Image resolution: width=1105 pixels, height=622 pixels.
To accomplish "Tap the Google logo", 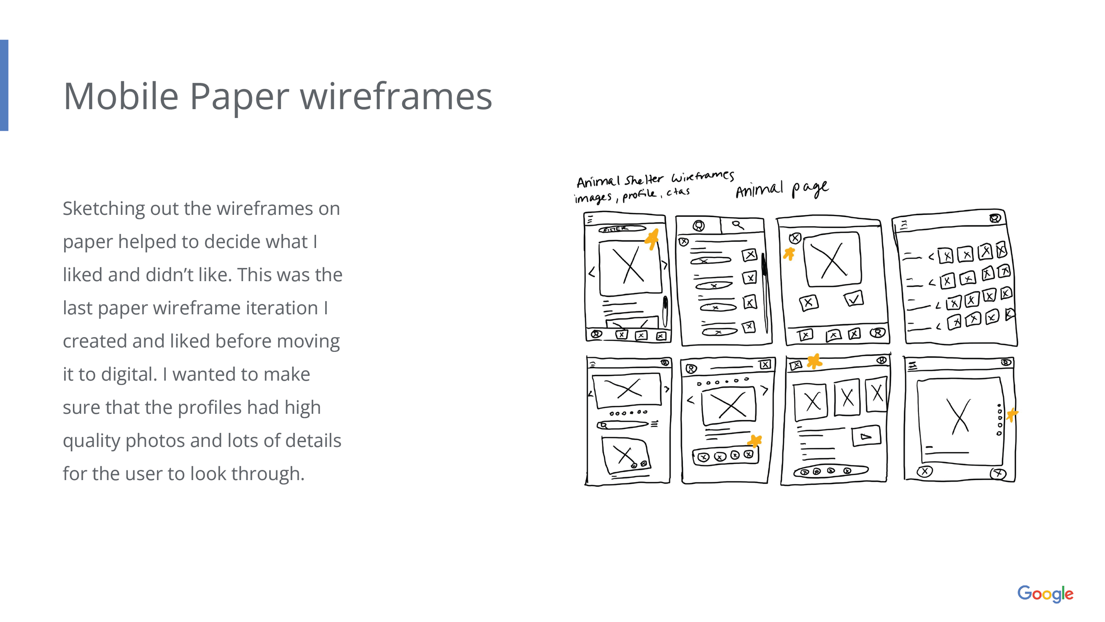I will [x=1045, y=594].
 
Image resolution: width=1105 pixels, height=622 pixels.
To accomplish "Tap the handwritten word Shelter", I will [x=644, y=179].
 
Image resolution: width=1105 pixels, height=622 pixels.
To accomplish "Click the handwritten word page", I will [x=810, y=189].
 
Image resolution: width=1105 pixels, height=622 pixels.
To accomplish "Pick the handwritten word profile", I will [x=639, y=195].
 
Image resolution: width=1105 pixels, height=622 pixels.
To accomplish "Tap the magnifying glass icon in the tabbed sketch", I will [x=737, y=225].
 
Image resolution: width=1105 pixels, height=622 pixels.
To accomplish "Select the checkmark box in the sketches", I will [x=854, y=299].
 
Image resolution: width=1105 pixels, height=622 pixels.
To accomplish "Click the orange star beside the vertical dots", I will [x=1012, y=415].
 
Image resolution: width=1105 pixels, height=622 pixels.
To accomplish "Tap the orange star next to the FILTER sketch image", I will [x=652, y=239].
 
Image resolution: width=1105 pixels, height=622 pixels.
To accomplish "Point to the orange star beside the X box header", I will [x=814, y=361].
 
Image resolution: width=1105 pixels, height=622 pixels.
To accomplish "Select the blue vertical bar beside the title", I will [x=4, y=85].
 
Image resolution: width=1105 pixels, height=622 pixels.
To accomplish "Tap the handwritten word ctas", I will [x=678, y=192].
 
